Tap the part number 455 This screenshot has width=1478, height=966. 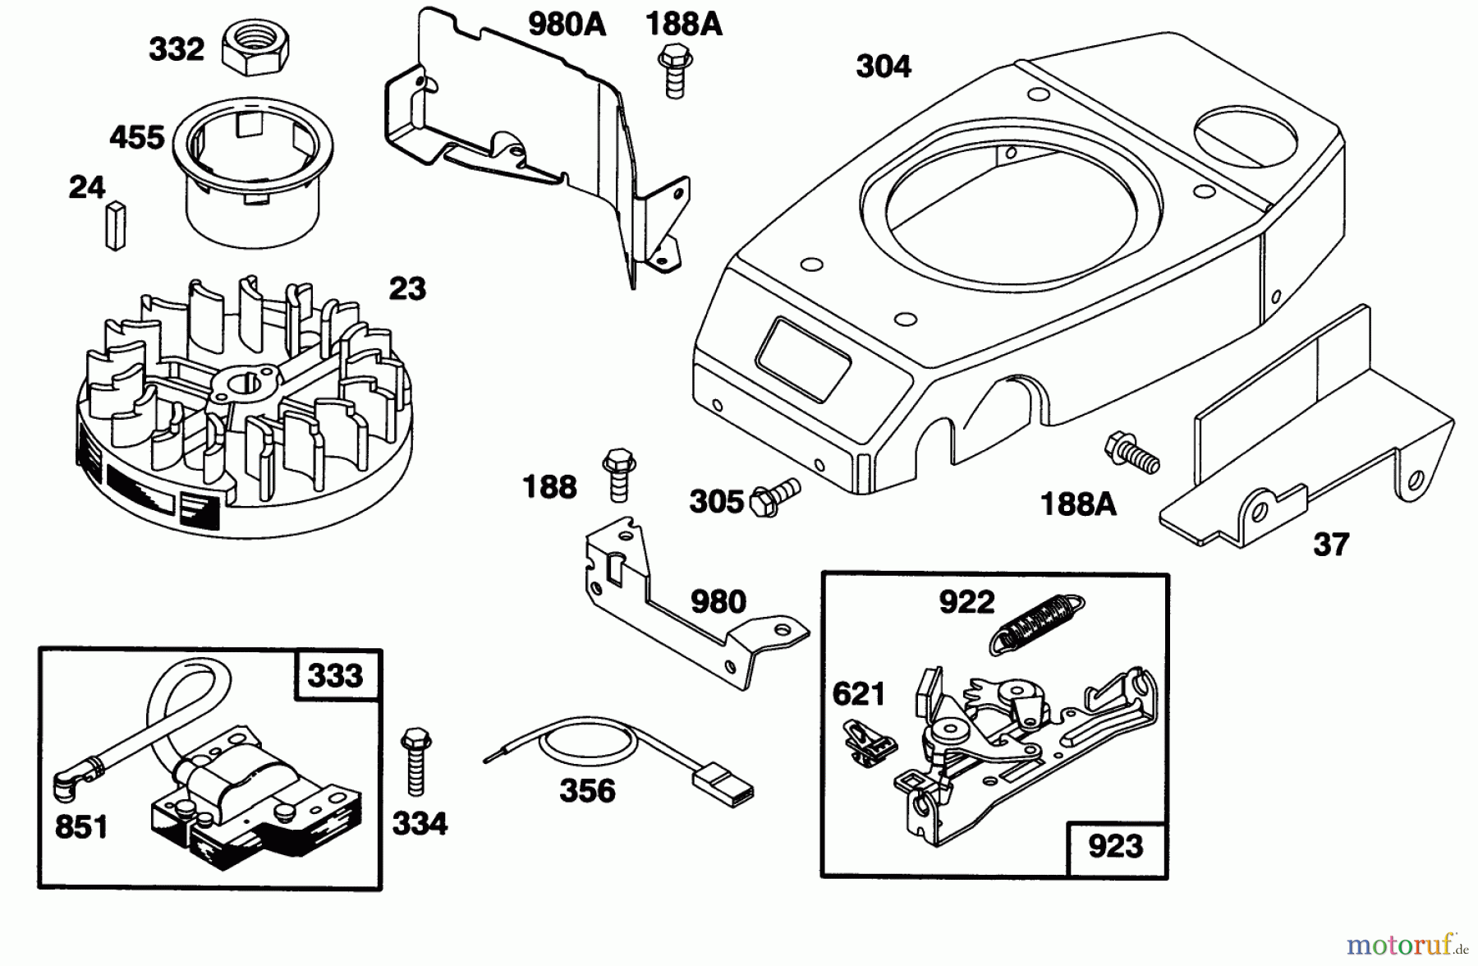coord(137,137)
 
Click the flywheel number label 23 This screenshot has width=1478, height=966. coord(407,289)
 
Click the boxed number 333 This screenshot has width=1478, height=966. coord(335,675)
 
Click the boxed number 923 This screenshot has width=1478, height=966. coord(1115,845)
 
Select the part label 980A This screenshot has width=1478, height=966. coord(567,25)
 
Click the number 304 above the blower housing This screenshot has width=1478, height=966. coord(884,66)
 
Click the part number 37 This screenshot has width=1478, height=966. coord(1331,545)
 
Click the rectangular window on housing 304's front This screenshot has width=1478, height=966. coord(804,356)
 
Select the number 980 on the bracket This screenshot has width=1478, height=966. coord(718,602)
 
